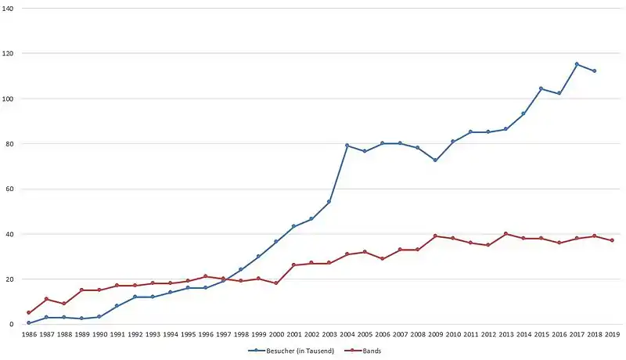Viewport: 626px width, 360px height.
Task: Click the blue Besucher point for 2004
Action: [x=347, y=146]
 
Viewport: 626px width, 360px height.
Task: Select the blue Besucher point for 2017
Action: [x=577, y=64]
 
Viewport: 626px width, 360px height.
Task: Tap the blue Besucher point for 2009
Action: [x=435, y=160]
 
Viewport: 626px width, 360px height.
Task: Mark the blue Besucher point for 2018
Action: [x=595, y=71]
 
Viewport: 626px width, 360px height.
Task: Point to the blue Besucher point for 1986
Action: [x=29, y=323]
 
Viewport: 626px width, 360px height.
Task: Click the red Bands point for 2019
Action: [x=612, y=241]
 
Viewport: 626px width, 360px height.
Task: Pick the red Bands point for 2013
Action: [x=505, y=234]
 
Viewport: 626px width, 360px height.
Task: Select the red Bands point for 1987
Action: [x=46, y=299]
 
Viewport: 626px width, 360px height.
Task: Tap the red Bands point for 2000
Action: [x=276, y=283]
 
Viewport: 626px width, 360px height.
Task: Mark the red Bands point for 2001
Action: [x=294, y=265]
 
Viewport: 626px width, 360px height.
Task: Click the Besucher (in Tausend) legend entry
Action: [x=291, y=351]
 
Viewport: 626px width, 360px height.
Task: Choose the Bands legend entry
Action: [x=363, y=351]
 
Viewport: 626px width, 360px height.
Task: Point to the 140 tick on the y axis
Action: [x=8, y=8]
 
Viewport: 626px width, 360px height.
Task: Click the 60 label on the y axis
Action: [x=9, y=189]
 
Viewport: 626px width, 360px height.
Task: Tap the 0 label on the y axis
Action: [x=11, y=325]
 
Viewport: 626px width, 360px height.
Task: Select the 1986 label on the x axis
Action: [x=29, y=334]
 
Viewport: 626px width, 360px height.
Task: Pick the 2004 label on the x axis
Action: [x=347, y=334]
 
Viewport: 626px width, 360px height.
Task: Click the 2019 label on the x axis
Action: [x=612, y=334]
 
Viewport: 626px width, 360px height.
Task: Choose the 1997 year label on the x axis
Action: [x=223, y=334]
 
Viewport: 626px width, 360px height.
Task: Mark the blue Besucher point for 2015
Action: [x=541, y=88]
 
